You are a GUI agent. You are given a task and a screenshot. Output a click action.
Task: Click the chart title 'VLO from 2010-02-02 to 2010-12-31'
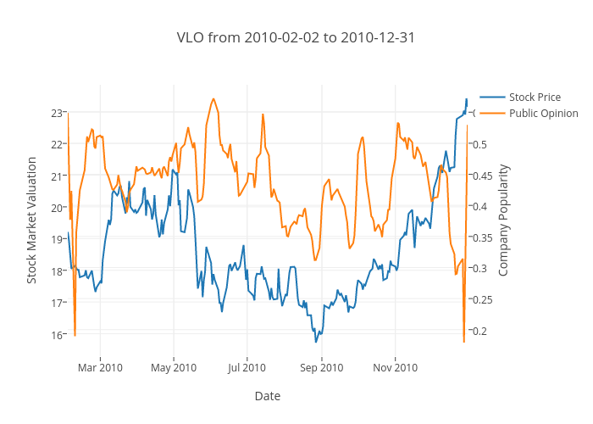tap(296, 38)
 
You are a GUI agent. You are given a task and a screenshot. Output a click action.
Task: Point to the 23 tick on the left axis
tap(58, 113)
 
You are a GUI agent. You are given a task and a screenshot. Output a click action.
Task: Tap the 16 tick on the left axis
tap(58, 334)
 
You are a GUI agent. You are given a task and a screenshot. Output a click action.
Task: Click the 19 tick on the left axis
tap(58, 239)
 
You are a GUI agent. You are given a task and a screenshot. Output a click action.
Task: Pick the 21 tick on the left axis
tap(58, 176)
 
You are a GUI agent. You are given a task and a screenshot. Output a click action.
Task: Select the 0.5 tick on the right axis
tap(479, 144)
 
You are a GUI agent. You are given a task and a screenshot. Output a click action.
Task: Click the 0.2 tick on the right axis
tap(479, 331)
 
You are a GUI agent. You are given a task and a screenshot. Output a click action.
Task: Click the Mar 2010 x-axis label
tap(100, 367)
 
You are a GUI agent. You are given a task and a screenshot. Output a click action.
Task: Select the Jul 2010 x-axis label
tap(247, 367)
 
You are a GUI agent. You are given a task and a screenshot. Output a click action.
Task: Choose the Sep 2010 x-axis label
tap(321, 367)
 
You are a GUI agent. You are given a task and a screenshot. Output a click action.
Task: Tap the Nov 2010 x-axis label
tap(395, 367)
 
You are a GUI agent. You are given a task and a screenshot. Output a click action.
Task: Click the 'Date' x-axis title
tap(267, 396)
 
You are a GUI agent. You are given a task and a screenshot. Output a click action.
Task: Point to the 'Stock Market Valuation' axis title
tap(32, 220)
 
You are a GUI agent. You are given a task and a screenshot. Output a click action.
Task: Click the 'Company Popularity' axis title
tap(503, 220)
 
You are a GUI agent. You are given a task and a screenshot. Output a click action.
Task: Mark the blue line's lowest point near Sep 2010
tap(316, 342)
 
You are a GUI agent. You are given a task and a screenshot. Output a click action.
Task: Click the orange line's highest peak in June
tap(213, 98)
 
